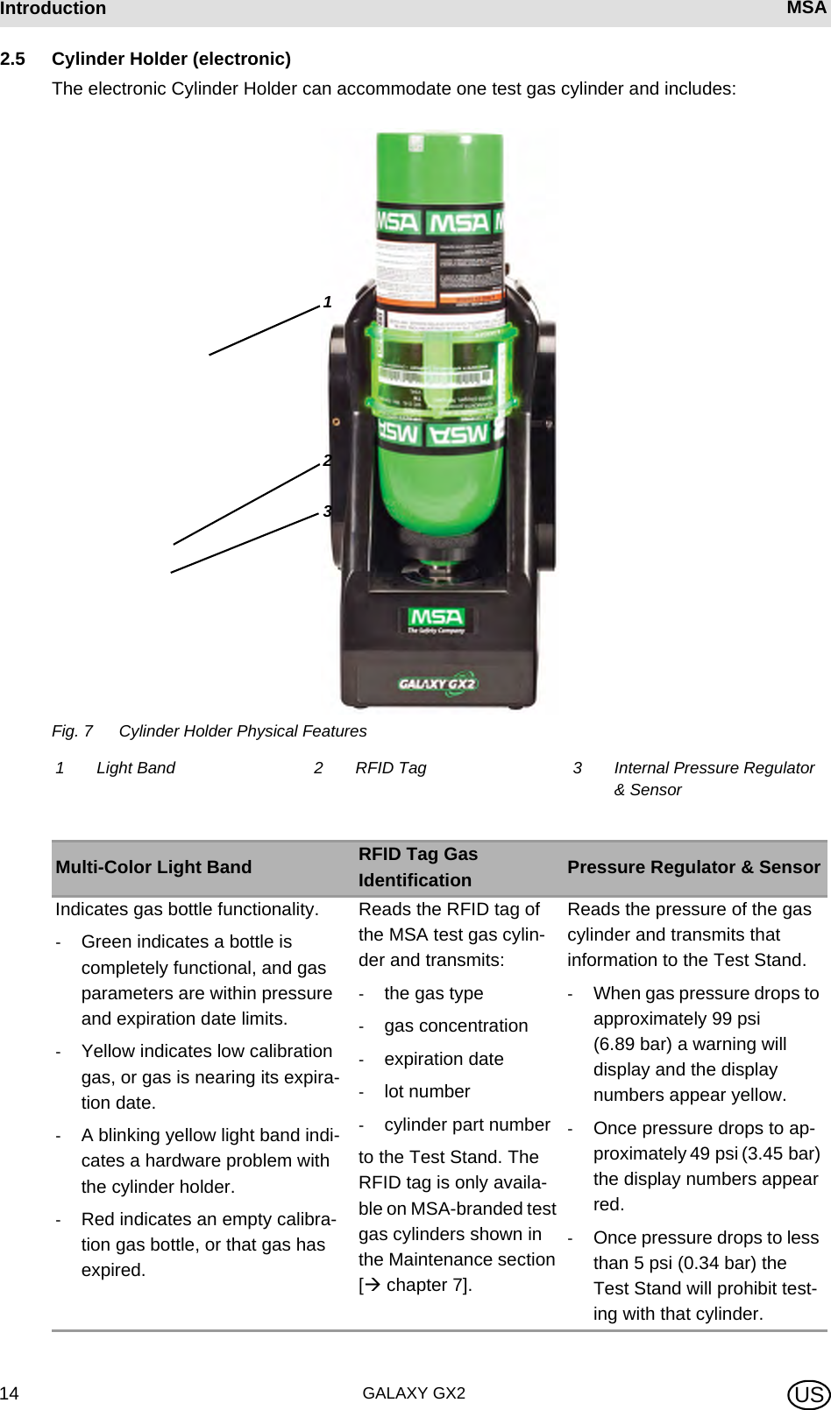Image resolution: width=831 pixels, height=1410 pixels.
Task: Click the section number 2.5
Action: pos(12,59)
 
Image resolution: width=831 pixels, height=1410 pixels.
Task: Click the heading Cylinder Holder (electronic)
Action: pos(171,59)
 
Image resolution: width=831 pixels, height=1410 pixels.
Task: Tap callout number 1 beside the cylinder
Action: pos(327,302)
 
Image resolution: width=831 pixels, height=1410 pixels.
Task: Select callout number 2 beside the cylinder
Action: pos(327,461)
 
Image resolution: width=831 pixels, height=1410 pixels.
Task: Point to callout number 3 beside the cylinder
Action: pos(327,511)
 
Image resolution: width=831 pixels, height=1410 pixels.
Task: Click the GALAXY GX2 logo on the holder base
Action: pos(437,683)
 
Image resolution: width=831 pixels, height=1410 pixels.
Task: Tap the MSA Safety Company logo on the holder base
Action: pos(437,620)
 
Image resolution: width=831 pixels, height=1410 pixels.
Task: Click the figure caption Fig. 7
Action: pos(72,731)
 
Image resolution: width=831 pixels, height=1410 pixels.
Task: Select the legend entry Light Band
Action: pos(135,768)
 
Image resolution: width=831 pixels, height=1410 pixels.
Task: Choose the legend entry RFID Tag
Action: pos(390,768)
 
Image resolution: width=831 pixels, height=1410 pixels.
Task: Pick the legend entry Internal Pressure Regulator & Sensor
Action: pos(714,779)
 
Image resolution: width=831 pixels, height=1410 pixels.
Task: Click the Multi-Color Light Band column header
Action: pos(153,867)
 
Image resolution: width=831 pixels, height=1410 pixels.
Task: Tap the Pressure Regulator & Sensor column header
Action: pos(693,867)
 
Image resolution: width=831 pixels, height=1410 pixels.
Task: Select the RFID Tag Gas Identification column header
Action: pos(418,867)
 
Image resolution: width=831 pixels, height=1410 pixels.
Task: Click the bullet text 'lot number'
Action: pos(427,1091)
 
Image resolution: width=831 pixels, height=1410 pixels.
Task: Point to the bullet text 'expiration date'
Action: pos(444,1059)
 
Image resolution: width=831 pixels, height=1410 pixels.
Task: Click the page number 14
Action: pos(10,1393)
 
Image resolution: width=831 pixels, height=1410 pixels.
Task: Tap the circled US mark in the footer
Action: pos(808,1394)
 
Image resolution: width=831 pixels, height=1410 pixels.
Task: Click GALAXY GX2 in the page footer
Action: pos(414,1393)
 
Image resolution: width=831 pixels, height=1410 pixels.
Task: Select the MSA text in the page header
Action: pos(806,9)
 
